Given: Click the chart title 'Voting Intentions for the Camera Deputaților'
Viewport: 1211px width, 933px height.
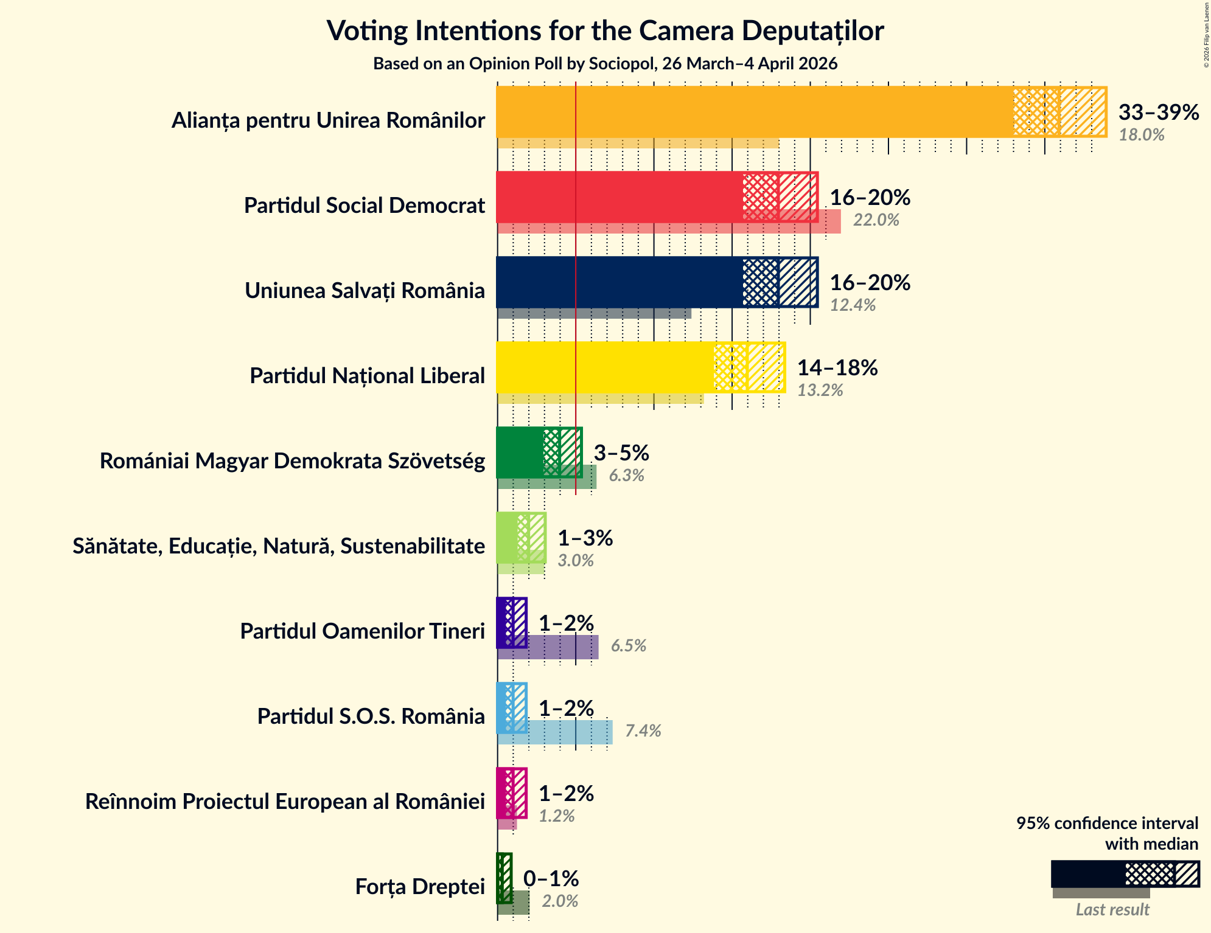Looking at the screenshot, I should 605,30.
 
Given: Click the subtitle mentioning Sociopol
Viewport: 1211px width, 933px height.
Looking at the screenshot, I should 605,63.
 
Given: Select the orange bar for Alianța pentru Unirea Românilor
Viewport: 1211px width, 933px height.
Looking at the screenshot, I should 755,112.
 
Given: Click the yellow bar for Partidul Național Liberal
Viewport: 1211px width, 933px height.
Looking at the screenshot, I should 605,367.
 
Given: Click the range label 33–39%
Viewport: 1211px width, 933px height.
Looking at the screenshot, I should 1158,113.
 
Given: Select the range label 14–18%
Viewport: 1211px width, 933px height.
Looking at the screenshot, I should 837,368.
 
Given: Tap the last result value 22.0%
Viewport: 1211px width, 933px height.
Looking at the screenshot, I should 875,220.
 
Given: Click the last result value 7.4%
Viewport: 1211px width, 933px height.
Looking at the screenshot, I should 643,731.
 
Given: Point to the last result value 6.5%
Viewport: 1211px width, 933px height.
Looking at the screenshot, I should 628,646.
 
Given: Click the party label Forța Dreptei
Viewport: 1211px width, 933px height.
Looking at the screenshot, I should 420,887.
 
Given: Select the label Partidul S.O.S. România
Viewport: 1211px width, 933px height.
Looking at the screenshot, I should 371,716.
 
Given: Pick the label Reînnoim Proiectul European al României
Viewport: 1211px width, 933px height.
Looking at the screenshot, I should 285,802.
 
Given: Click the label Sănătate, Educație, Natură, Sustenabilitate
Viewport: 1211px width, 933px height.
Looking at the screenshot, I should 279,546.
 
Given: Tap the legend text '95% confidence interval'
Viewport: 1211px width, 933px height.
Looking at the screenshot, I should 1106,824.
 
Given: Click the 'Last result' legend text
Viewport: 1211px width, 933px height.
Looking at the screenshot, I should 1112,910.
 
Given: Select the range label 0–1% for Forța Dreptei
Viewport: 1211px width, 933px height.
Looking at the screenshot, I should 551,879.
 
